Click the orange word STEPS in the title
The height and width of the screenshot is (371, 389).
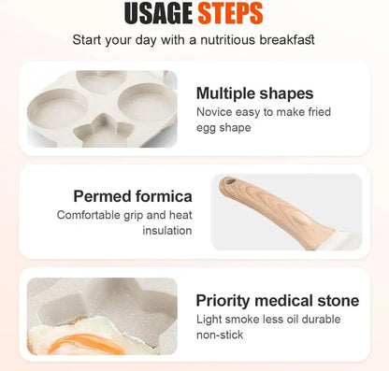tap(229, 14)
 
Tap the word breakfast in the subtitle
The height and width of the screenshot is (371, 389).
tap(284, 40)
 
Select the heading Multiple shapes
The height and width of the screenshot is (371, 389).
tap(254, 93)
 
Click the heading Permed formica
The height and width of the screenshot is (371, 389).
tap(133, 196)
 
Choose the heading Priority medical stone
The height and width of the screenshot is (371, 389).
tap(277, 300)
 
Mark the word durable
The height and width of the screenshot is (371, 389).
tap(339, 319)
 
